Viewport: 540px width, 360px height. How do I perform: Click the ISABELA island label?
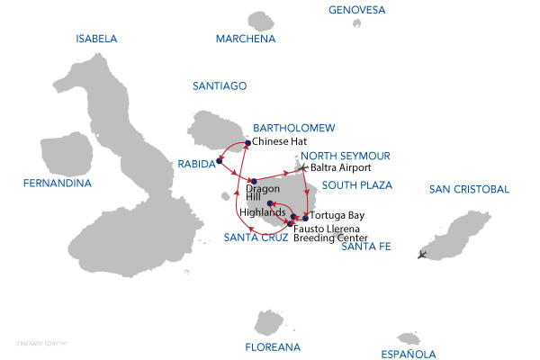tap(97, 39)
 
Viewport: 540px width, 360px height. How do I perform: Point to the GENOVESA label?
tap(357, 10)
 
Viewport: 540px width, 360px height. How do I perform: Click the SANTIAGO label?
tap(220, 86)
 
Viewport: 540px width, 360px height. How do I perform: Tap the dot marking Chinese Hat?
tap(247, 142)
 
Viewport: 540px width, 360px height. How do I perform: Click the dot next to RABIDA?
tap(219, 163)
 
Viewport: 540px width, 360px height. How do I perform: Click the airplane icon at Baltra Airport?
tap(303, 167)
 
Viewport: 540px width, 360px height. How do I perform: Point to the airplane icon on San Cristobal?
tap(423, 255)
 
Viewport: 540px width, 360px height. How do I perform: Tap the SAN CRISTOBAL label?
tap(469, 189)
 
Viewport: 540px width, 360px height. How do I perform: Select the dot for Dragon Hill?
tap(255, 181)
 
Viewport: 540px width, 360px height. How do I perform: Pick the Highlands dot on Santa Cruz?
tap(270, 204)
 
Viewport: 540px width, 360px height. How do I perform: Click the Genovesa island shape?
tap(357, 23)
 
